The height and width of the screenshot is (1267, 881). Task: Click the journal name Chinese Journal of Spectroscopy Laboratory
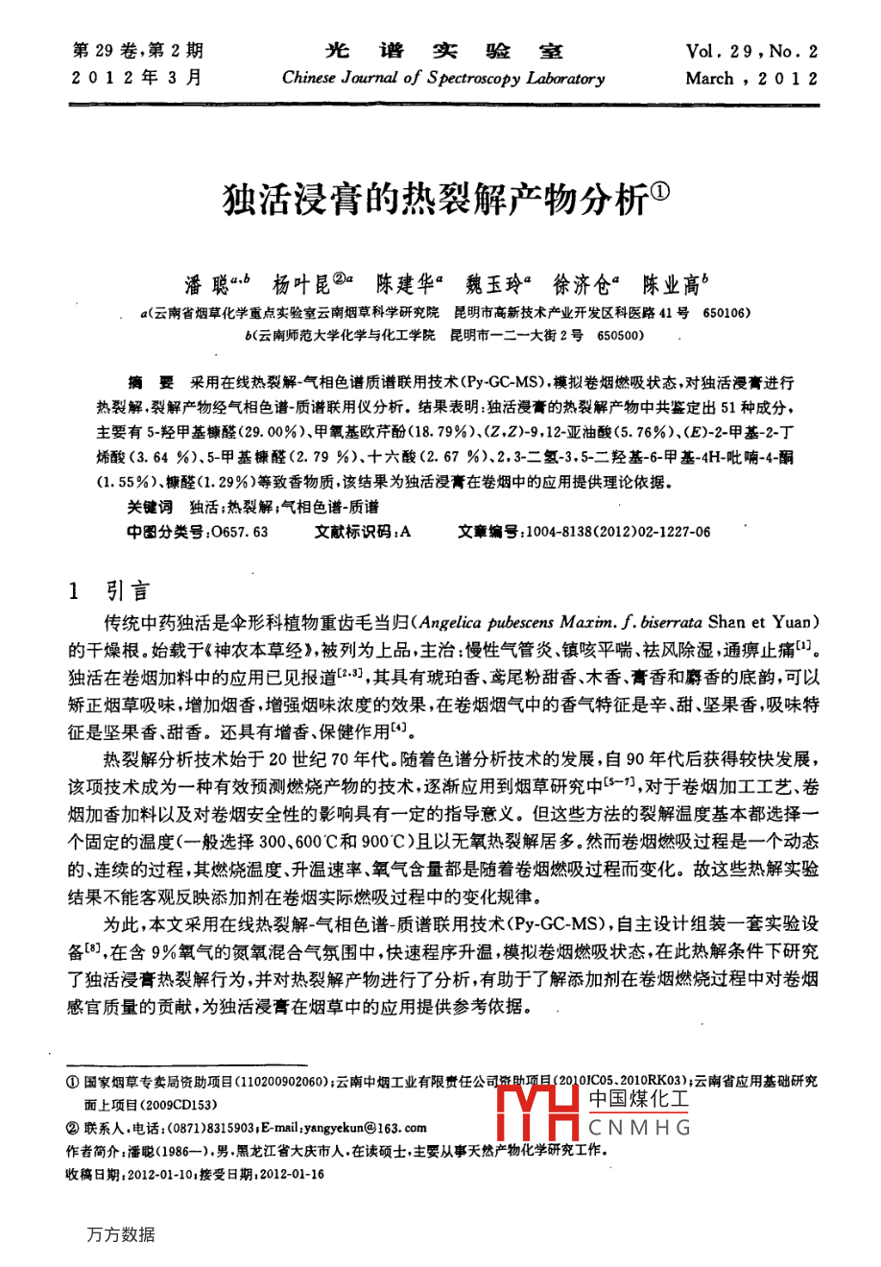pos(443,79)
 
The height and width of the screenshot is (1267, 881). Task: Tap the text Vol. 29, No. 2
pos(751,51)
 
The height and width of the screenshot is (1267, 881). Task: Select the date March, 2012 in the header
pos(751,79)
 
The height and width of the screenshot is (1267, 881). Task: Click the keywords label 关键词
pos(150,507)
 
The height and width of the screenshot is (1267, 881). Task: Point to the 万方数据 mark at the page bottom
pos(120,1234)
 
